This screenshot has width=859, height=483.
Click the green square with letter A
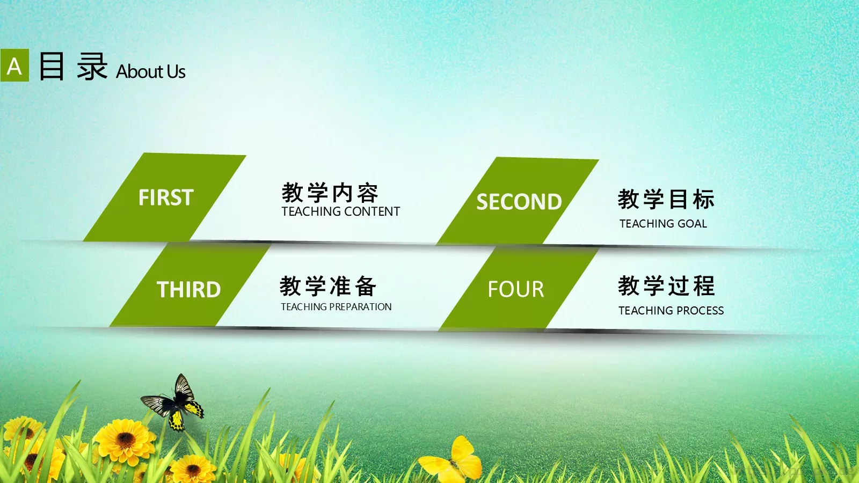14,65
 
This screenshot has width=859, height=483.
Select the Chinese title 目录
73,67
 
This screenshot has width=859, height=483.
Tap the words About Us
151,71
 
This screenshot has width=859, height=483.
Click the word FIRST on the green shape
166,197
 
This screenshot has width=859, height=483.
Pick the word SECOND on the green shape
519,202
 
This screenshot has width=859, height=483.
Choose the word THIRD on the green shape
188,290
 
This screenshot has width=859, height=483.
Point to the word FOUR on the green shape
515,290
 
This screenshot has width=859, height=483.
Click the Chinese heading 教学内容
330,193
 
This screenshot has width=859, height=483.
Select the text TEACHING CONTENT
340,211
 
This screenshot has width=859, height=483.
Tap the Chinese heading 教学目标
666,199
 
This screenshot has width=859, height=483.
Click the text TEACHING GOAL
663,224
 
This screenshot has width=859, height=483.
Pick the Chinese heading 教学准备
328,286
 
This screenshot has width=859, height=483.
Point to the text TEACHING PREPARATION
336,307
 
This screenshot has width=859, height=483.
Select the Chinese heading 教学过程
666,286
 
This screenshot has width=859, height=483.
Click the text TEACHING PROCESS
671,311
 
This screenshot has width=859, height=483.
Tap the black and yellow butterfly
174,404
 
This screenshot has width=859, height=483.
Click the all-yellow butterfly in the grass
454,460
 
